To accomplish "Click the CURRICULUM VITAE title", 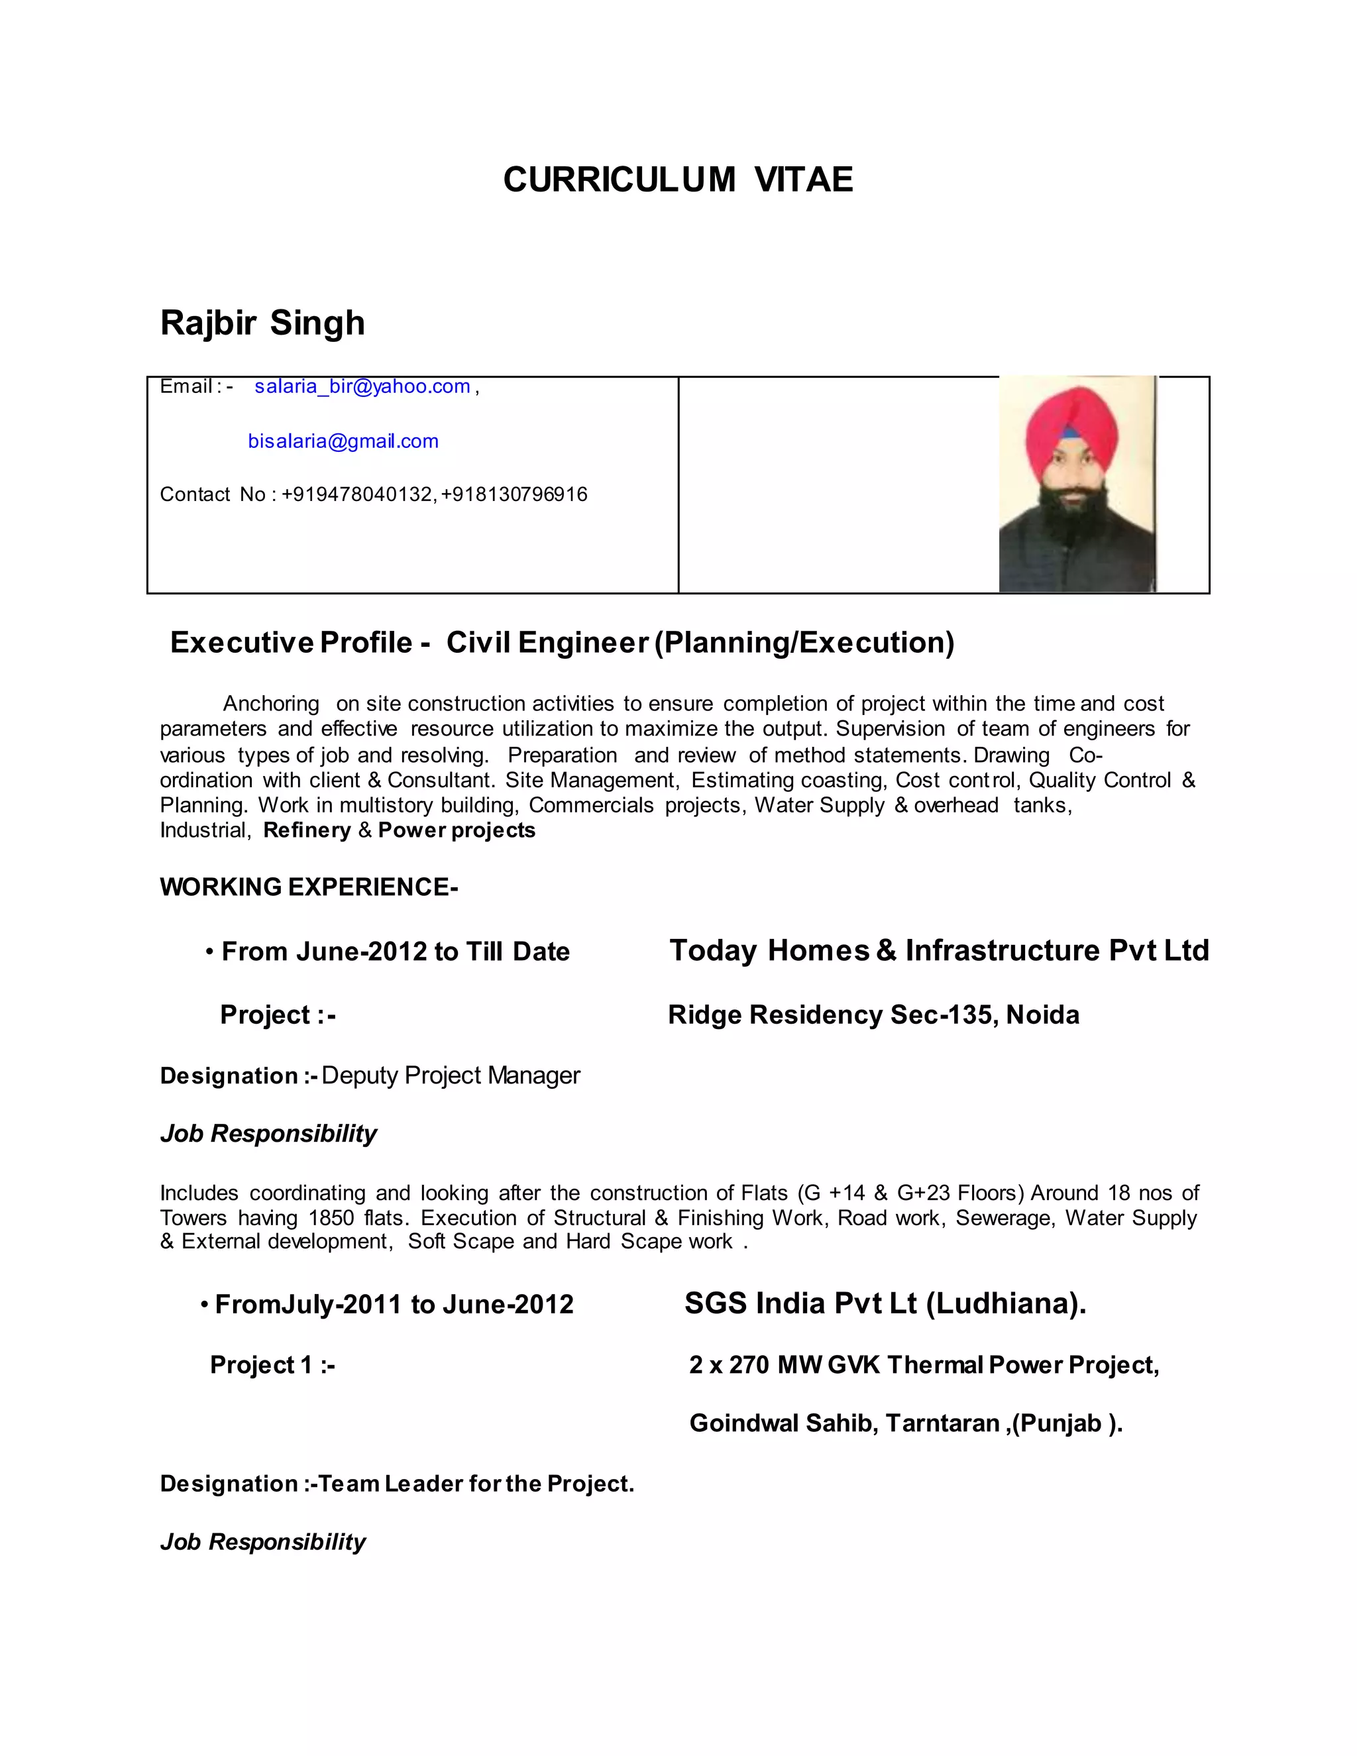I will click(678, 180).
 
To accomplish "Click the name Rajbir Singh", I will click(262, 323).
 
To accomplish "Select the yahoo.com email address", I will click(362, 387).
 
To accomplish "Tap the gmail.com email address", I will click(343, 441).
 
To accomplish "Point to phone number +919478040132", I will click(358, 494).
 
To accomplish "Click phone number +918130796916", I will click(514, 494).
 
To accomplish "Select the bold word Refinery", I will click(307, 830).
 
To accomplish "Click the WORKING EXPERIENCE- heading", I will click(309, 887).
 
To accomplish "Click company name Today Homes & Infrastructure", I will click(938, 950).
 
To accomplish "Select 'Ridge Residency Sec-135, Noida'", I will click(873, 1015).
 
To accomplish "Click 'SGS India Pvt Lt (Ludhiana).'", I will click(885, 1303).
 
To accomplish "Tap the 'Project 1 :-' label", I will click(272, 1365).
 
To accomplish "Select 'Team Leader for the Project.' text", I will click(476, 1484).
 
